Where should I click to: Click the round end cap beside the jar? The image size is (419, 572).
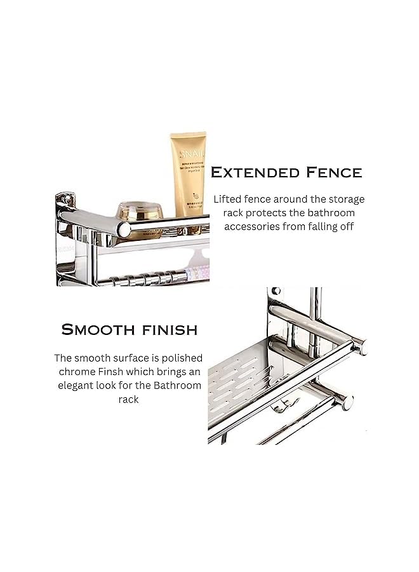coord(124,229)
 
